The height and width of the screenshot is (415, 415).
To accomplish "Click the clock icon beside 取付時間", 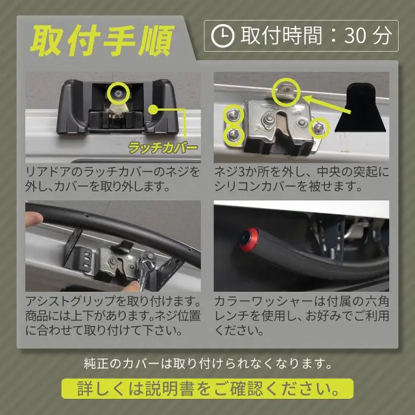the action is [x=222, y=36].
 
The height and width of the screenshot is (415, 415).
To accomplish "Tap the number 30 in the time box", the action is [x=355, y=36].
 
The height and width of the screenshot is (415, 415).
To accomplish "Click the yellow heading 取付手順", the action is [x=102, y=40].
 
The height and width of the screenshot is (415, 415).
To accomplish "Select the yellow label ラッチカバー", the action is [x=163, y=148].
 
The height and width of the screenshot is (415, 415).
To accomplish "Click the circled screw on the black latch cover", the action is [x=118, y=93].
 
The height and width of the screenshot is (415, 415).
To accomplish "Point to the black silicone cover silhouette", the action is [x=362, y=107].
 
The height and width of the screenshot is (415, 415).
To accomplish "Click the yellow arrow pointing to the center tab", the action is [x=327, y=105].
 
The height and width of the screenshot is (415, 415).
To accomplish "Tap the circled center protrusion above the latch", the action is [x=286, y=92].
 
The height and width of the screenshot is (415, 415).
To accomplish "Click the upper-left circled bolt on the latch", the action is [x=233, y=114].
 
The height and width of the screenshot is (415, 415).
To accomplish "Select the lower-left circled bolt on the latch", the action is [x=233, y=136].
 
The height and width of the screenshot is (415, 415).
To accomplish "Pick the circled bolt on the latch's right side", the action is [x=319, y=128].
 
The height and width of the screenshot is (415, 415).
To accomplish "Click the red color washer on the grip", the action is [x=248, y=239].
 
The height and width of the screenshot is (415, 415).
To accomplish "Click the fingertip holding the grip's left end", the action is [x=34, y=219].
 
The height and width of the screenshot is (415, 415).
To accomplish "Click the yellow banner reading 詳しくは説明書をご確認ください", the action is [x=207, y=388].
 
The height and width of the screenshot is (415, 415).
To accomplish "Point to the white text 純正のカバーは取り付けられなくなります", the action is [x=208, y=363].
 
